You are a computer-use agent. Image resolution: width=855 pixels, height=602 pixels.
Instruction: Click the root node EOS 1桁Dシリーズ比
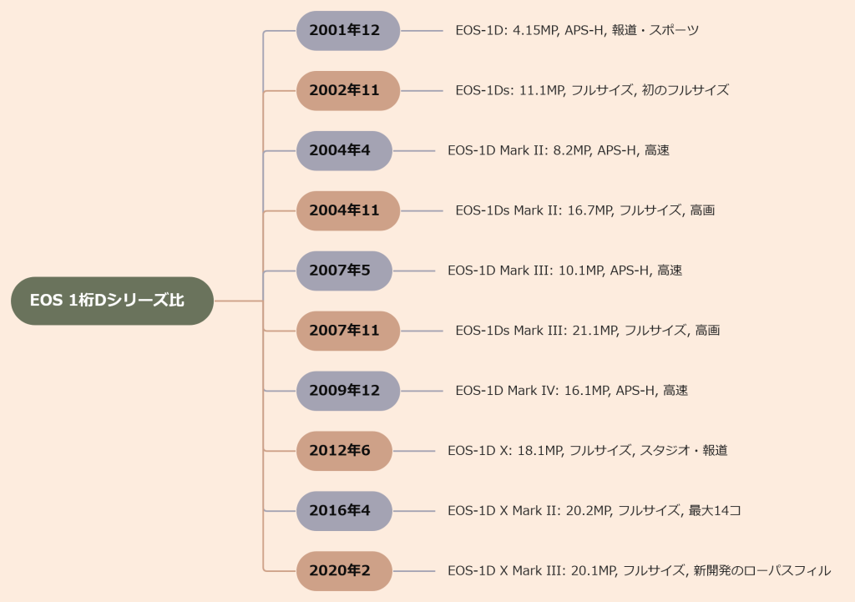pos(112,301)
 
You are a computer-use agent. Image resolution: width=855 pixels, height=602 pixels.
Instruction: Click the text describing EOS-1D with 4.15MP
pos(577,31)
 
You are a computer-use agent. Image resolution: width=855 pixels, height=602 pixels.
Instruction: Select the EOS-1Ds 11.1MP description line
pos(592,91)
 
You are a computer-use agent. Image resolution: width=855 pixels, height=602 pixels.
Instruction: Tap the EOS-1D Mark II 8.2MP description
pos(559,151)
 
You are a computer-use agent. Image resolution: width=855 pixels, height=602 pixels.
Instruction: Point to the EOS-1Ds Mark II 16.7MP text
pos(584,211)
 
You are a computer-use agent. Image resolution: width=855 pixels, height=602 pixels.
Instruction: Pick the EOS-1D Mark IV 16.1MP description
pos(571,391)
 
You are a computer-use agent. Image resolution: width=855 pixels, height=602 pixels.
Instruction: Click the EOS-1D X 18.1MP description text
pos(587,451)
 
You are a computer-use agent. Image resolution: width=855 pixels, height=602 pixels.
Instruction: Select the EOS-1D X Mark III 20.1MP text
pos(639,571)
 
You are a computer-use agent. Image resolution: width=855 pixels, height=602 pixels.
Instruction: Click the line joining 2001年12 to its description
pos(422,31)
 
